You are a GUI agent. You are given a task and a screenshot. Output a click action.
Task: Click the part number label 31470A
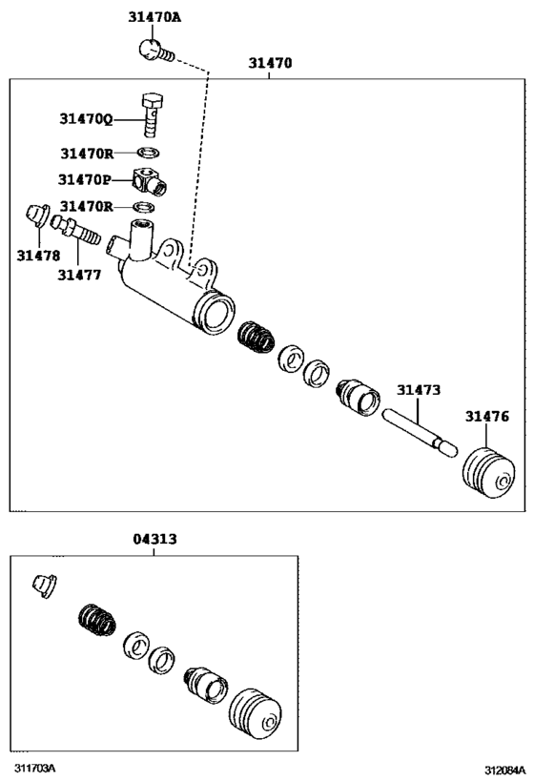154,17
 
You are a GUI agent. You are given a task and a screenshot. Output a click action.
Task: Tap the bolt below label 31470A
156,51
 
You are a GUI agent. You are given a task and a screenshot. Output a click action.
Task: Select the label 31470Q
86,119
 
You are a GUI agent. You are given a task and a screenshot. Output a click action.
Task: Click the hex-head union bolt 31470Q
153,114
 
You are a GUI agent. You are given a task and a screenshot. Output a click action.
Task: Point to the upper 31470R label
87,154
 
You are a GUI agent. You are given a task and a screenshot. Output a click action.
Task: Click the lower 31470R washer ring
144,206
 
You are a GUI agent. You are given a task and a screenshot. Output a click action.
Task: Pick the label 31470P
85,179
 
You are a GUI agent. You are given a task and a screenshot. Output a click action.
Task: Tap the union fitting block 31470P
149,181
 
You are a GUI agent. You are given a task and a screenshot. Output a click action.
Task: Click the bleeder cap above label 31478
37,216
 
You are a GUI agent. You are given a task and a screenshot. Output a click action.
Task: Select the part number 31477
79,275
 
